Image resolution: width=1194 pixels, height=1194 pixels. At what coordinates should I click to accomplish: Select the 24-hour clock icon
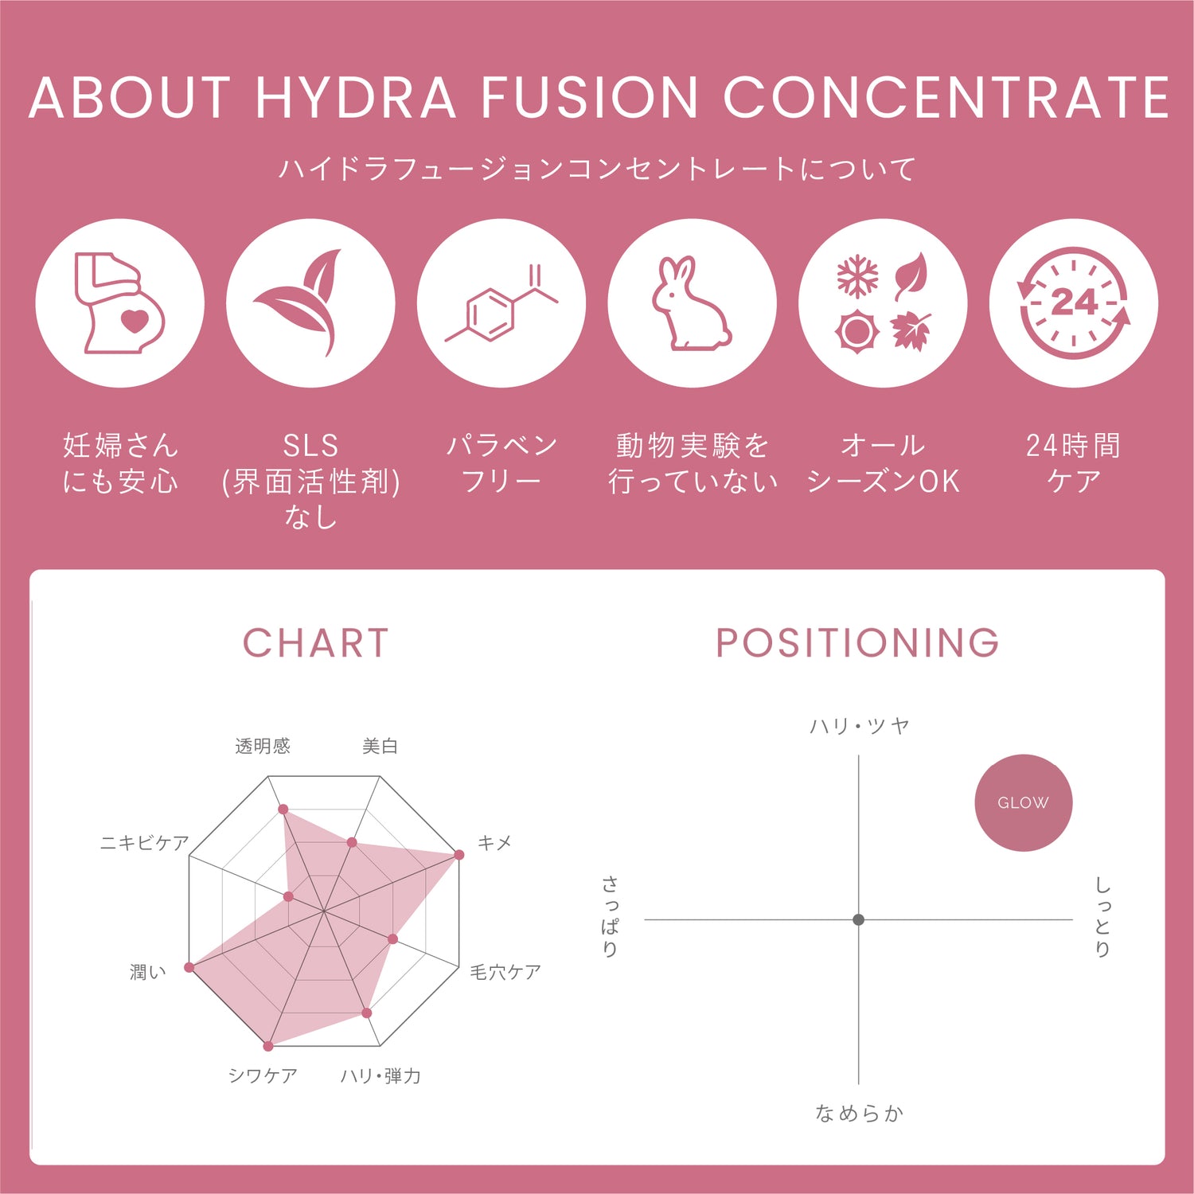coord(1073,303)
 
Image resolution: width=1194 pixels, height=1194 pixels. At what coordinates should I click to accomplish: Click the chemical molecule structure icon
coord(501,304)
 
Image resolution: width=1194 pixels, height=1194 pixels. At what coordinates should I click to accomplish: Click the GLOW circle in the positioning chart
coord(1023,802)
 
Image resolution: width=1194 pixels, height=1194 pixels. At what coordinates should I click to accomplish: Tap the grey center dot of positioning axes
coord(858,919)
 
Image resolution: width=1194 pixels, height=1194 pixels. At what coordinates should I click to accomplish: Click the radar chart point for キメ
coord(459,855)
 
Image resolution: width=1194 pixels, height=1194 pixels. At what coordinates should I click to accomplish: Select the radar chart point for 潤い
coord(189,967)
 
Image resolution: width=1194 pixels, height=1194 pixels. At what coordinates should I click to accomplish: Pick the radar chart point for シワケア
coord(268,1046)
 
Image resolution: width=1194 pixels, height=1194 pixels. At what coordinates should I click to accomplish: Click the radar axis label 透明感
coord(263,746)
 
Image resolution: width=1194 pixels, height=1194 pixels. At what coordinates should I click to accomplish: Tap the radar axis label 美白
coord(380,746)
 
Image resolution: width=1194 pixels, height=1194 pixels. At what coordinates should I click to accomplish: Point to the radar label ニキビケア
coord(144,843)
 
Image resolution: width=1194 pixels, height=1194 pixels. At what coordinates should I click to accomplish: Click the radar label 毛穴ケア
coord(505,972)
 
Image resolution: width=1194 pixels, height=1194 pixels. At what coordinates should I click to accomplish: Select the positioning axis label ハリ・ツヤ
coord(859,726)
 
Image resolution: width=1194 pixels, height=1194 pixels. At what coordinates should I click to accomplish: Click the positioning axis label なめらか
coord(859,1114)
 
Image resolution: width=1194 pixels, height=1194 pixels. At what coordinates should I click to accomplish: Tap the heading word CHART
coord(316,643)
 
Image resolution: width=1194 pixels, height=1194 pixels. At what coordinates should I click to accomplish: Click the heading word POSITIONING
coord(857,643)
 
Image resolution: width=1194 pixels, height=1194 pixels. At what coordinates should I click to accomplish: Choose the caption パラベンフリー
coord(501,463)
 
